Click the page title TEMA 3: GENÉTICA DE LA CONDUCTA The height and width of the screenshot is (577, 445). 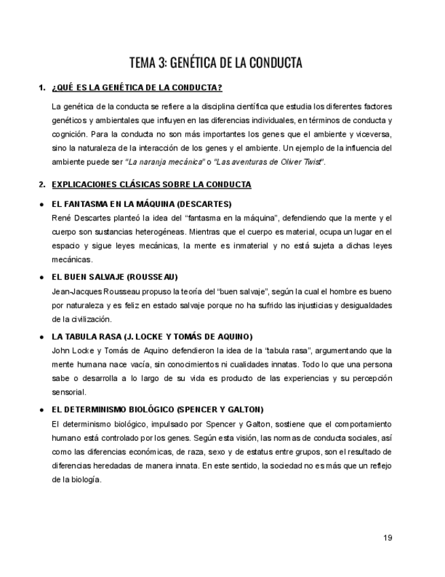coord(216,63)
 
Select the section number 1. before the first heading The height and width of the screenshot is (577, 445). coord(42,88)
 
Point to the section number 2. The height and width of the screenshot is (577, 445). coord(42,184)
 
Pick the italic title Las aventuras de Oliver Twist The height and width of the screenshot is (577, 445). coord(270,162)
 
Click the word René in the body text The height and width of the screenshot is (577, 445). coord(61,218)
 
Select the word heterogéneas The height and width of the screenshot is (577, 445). coord(147,231)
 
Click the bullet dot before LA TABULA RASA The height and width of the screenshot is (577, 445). coord(42,336)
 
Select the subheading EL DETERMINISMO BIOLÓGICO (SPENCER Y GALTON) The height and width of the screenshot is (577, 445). coord(158,409)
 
